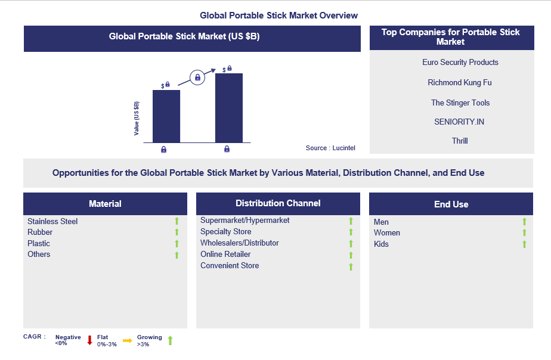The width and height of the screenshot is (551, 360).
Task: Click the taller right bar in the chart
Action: pyautogui.click(x=228, y=108)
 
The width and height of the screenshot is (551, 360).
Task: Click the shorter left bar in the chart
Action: pyautogui.click(x=166, y=116)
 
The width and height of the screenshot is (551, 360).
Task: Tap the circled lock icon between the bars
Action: pyautogui.click(x=197, y=77)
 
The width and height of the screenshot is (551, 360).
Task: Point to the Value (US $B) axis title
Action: pyautogui.click(x=137, y=118)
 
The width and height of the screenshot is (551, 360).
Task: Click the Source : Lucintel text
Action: pyautogui.click(x=330, y=148)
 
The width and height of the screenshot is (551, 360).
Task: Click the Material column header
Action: pyautogui.click(x=105, y=204)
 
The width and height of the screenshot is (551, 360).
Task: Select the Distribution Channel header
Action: pyautogui.click(x=278, y=203)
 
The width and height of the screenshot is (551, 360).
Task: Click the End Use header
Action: pyautogui.click(x=451, y=204)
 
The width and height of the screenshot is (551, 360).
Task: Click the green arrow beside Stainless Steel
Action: pyautogui.click(x=177, y=222)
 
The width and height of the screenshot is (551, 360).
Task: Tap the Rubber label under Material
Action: pyautogui.click(x=40, y=232)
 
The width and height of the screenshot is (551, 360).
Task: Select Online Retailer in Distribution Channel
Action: pyautogui.click(x=225, y=254)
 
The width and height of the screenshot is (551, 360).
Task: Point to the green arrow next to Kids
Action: pyautogui.click(x=524, y=244)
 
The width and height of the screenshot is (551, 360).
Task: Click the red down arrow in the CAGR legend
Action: pyautogui.click(x=89, y=340)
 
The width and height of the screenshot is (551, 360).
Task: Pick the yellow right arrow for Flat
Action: pyautogui.click(x=127, y=340)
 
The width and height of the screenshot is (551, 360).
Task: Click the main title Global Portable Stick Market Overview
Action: pyautogui.click(x=279, y=15)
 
